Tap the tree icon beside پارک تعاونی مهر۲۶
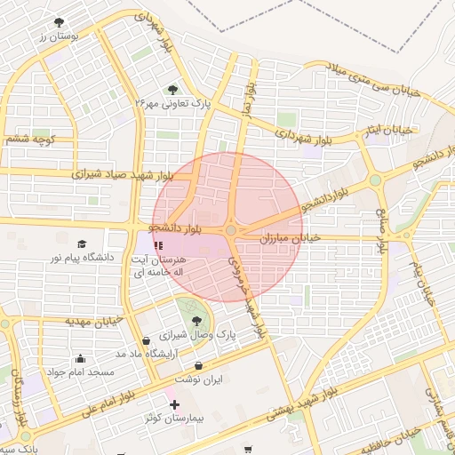[172, 89]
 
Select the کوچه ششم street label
[30, 140]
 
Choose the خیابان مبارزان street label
[289, 238]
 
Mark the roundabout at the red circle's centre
[231, 230]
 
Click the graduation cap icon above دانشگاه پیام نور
[82, 243]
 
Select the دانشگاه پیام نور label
[82, 258]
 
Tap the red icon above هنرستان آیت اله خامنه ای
[158, 244]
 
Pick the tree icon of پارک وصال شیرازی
[196, 322]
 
